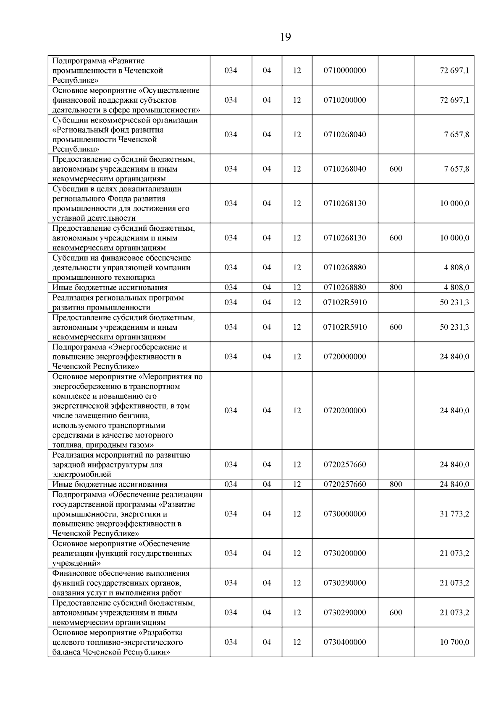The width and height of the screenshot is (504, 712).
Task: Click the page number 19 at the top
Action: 285,37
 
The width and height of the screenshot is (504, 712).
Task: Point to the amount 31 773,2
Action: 454,514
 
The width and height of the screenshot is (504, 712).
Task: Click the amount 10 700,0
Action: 454,642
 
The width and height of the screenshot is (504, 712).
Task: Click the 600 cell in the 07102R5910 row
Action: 396,327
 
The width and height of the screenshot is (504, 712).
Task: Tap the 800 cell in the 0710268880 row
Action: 396,287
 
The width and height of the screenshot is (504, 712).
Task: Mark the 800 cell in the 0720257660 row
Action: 396,484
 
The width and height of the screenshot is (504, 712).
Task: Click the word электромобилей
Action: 82,475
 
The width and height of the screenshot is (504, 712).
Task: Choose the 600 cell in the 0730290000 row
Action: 396,613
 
